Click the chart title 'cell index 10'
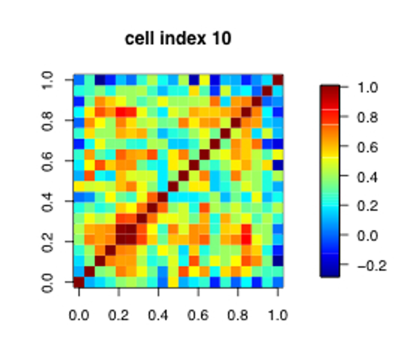(x=178, y=38)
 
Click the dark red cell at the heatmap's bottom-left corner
(x=79, y=282)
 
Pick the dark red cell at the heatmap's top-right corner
(x=278, y=80)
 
